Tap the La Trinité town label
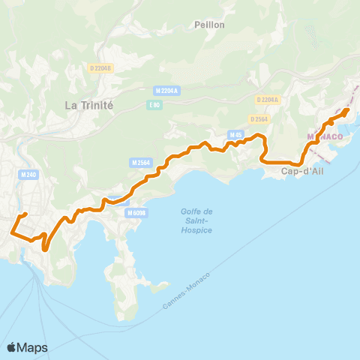88,105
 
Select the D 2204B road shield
98,68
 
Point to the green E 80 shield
154,105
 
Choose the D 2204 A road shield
267,100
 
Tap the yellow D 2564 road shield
259,118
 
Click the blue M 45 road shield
236,135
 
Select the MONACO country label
325,137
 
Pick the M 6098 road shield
136,213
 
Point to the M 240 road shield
28,175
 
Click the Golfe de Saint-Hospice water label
196,220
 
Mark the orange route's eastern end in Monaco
348,111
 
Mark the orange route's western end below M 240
11,232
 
